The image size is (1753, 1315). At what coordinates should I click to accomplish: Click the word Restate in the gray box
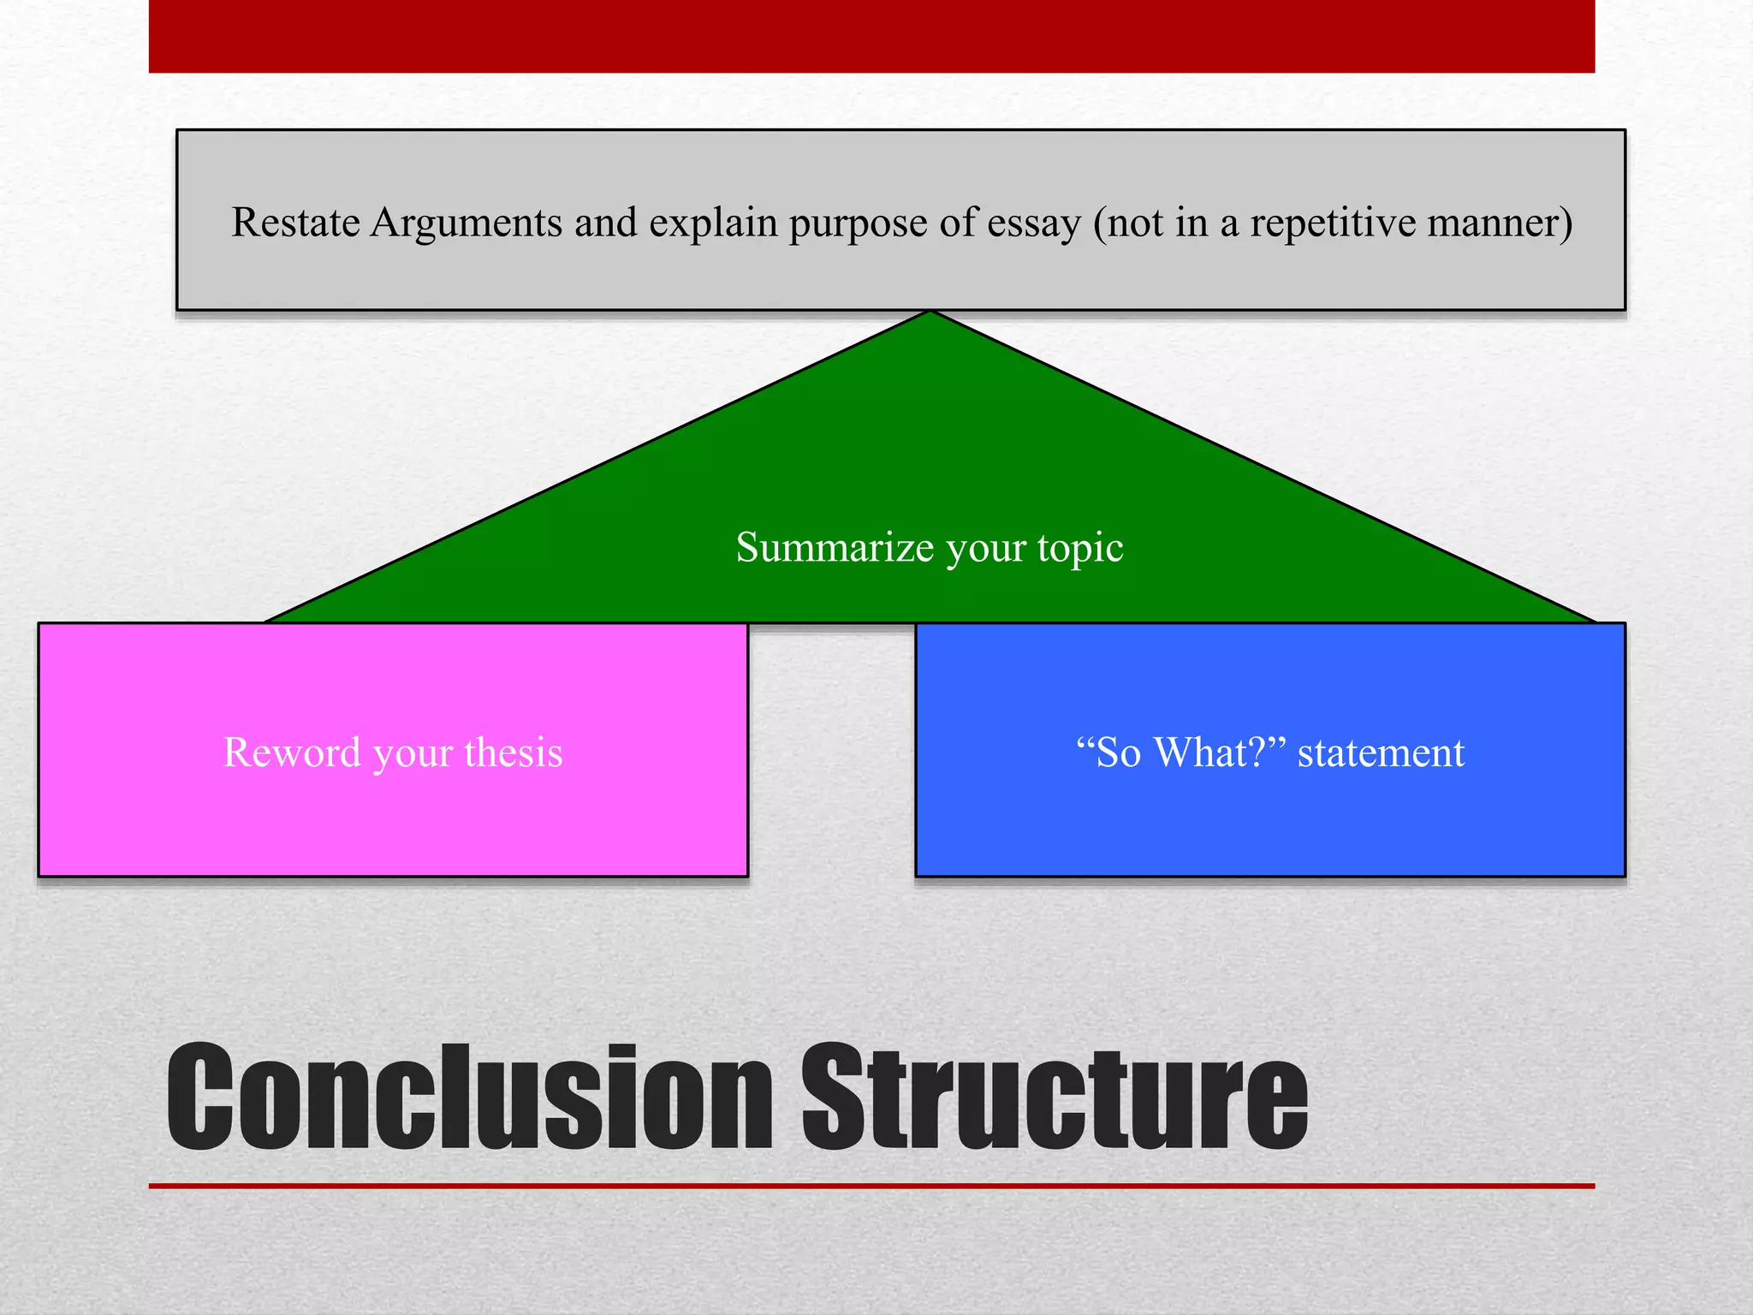coord(295,223)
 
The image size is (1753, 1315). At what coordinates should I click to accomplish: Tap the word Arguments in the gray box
coord(466,223)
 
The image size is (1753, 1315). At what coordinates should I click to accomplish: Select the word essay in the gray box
coord(1034,223)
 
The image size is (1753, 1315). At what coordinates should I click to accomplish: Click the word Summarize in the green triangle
coord(835,547)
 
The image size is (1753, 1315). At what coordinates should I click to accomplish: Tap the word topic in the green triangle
coord(1080,548)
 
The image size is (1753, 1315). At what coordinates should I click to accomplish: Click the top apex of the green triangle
coord(930,315)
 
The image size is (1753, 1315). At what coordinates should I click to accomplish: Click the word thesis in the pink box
coord(514,753)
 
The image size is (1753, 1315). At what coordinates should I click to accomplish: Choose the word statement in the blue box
coord(1381,753)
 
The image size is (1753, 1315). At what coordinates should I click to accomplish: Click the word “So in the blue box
coord(1108,753)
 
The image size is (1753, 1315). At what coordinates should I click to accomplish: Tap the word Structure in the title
coord(1055,1098)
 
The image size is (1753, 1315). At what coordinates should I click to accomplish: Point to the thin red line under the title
coord(871,1186)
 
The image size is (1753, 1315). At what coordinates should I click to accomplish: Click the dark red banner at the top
coord(871,36)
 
